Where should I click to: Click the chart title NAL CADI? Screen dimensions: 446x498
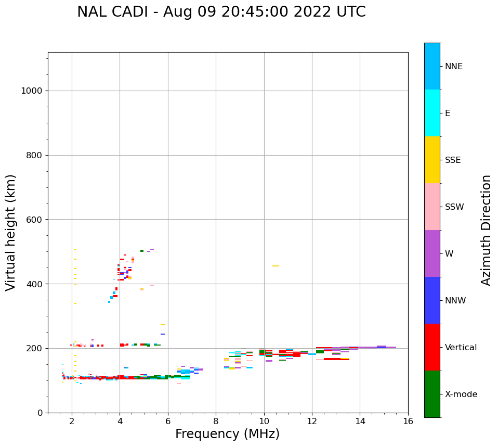(221, 12)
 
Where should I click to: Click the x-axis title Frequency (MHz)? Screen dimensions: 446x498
(227, 434)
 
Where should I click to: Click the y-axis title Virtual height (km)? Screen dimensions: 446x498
(11, 232)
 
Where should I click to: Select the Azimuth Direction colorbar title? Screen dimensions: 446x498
(486, 230)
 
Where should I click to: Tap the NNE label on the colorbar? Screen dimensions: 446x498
(453, 67)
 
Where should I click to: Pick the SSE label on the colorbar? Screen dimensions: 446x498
(452, 160)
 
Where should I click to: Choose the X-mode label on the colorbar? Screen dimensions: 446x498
(461, 394)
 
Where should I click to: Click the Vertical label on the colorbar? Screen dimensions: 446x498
(461, 348)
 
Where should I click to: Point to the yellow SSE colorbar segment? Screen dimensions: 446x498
(432, 160)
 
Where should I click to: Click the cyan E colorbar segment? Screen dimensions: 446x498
(432, 113)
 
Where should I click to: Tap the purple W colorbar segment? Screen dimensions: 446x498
(432, 253)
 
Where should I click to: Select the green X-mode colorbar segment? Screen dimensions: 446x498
(432, 394)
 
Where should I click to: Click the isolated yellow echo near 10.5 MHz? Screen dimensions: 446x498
(276, 266)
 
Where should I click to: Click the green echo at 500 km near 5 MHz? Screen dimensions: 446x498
(141, 251)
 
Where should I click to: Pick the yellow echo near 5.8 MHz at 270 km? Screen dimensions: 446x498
(163, 325)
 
